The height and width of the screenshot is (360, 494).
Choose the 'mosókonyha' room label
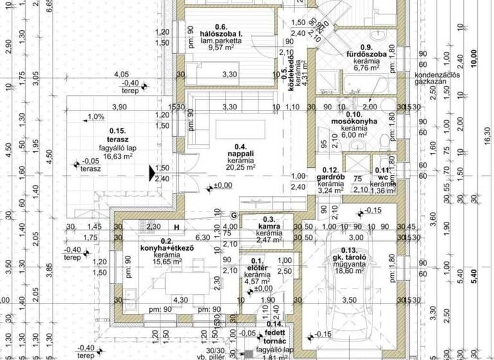(358, 120)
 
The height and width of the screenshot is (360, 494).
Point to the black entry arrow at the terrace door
(152, 174)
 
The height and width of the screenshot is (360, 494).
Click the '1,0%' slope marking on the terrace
(95, 117)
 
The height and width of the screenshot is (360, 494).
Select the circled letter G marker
(234, 214)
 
